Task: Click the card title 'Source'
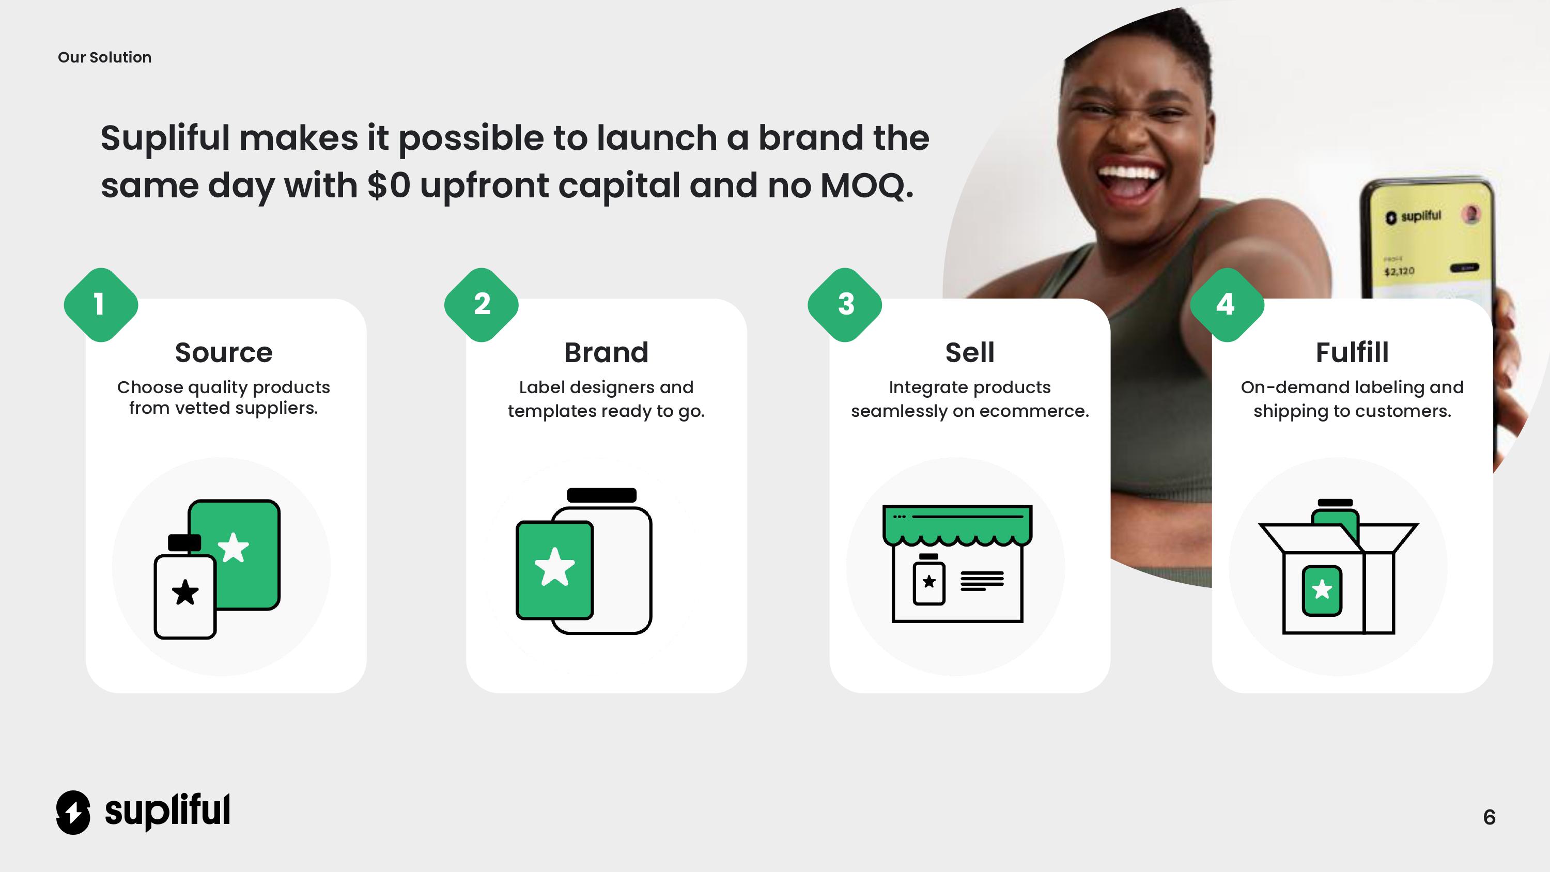[224, 353]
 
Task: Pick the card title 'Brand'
[606, 353]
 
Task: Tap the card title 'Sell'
[970, 353]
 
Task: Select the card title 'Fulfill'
[1352, 353]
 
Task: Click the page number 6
[1489, 817]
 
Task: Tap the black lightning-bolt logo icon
[73, 813]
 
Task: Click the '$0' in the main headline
[389, 185]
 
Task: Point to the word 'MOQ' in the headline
[863, 186]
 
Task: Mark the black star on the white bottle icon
[185, 592]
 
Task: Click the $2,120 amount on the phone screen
[1399, 271]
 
